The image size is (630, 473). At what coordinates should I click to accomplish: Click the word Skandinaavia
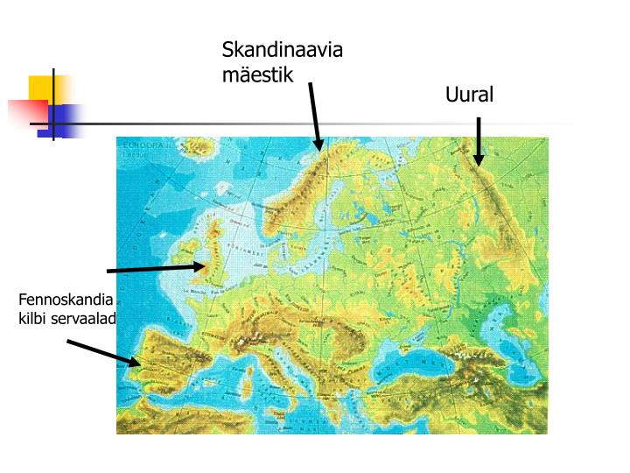tap(282, 49)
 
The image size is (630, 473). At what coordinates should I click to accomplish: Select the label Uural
tap(469, 95)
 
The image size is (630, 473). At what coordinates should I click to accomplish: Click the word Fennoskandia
tap(66, 300)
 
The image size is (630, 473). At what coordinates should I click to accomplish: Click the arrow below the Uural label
tap(479, 142)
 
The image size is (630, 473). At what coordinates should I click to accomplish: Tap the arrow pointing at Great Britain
tap(157, 268)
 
